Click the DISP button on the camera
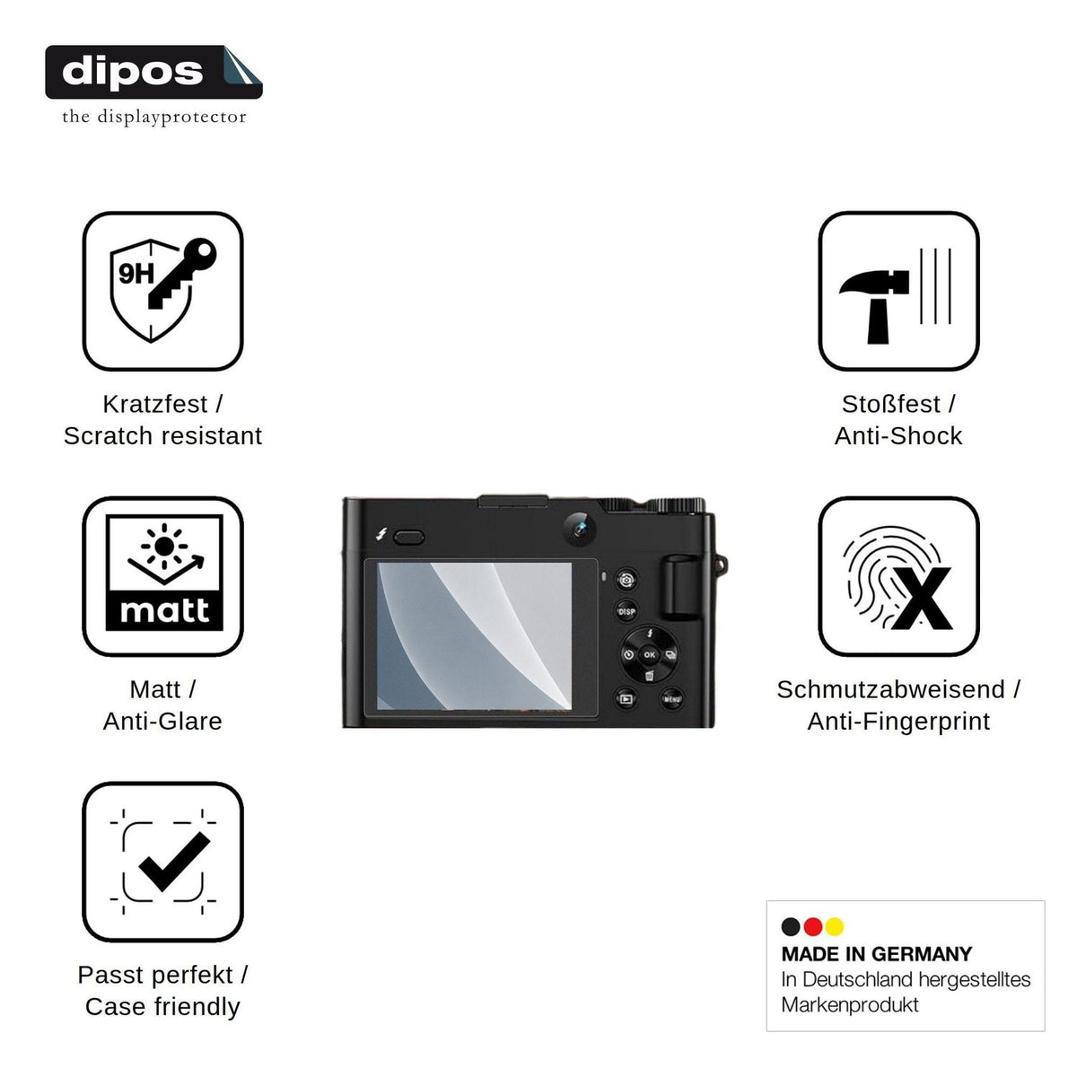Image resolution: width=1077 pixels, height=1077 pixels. tap(626, 611)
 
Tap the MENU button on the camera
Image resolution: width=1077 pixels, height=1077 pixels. tap(672, 698)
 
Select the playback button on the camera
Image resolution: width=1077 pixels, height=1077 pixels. tap(626, 698)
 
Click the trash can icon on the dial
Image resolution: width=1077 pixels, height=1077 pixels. tap(650, 676)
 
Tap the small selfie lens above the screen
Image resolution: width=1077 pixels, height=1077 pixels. tap(579, 528)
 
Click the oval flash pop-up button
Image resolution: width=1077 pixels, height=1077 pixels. tap(408, 538)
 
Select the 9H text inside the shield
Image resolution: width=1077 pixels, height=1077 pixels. tap(136, 274)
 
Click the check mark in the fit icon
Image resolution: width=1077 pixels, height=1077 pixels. tap(174, 862)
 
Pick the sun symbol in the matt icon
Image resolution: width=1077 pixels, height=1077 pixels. tap(163, 546)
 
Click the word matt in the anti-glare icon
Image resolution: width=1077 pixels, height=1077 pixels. tap(164, 610)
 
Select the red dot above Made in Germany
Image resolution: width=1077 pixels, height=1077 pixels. tap(812, 926)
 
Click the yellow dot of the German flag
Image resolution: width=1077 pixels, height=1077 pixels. tap(834, 926)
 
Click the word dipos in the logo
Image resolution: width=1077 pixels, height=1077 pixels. tap(133, 72)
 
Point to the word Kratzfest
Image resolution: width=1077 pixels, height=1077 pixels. tap(154, 404)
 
